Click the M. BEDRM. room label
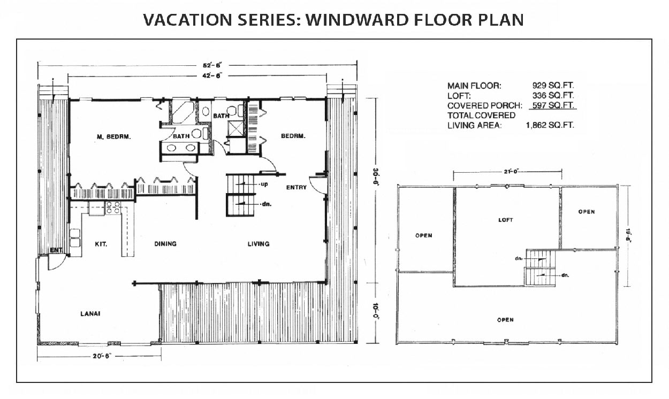pyautogui.click(x=114, y=137)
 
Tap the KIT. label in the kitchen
pyautogui.click(x=101, y=244)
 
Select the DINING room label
pyautogui.click(x=165, y=244)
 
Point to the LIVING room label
pyautogui.click(x=259, y=244)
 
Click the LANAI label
pyautogui.click(x=90, y=313)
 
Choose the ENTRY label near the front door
pyautogui.click(x=297, y=187)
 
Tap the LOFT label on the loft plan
pyautogui.click(x=506, y=220)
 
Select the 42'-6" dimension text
pyautogui.click(x=211, y=76)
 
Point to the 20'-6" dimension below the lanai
pyautogui.click(x=102, y=356)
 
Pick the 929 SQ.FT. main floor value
pyautogui.click(x=553, y=86)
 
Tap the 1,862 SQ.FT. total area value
pyautogui.click(x=550, y=125)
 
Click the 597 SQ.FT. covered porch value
pyautogui.click(x=553, y=105)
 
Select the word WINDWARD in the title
pyautogui.click(x=357, y=20)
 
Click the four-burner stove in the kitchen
pyautogui.click(x=113, y=208)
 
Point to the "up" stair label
pyautogui.click(x=264, y=184)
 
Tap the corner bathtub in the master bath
pyautogui.click(x=183, y=112)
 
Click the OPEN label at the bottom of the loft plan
pyautogui.click(x=505, y=320)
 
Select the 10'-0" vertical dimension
pyautogui.click(x=375, y=311)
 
